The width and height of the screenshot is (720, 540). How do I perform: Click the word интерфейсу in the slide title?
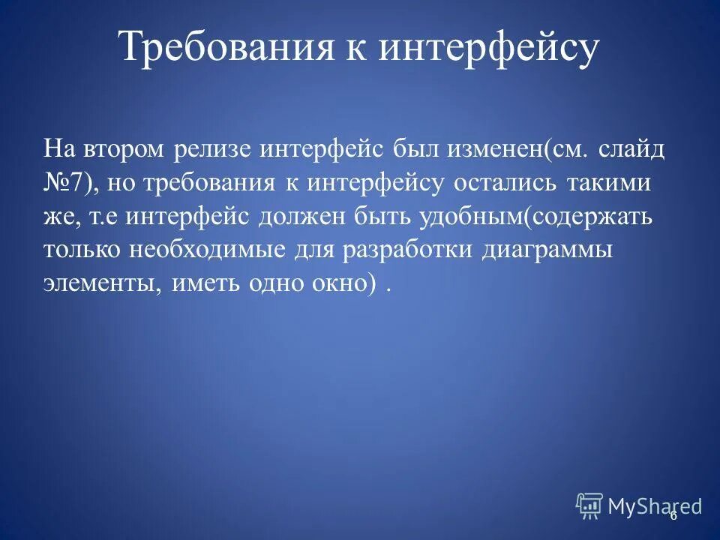(487, 49)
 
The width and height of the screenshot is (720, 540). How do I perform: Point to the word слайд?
(632, 148)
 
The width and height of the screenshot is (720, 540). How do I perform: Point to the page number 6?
(673, 515)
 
